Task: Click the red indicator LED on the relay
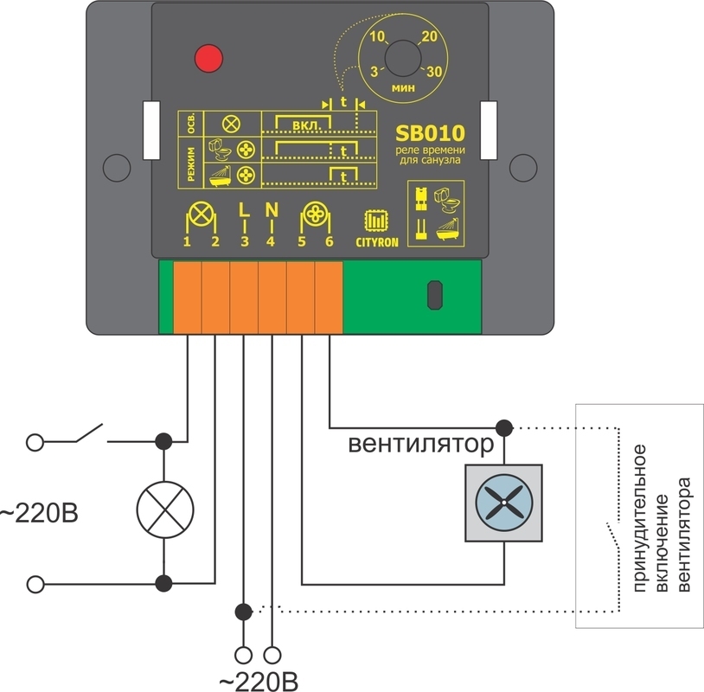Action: click(208, 58)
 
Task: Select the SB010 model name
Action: click(431, 133)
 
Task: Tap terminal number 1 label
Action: click(187, 242)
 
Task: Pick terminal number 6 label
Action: click(330, 242)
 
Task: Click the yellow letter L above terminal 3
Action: click(244, 209)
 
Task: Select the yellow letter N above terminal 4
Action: click(271, 209)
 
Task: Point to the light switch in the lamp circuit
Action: click(86, 435)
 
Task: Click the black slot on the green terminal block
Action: click(433, 294)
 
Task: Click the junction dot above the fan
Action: click(503, 426)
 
